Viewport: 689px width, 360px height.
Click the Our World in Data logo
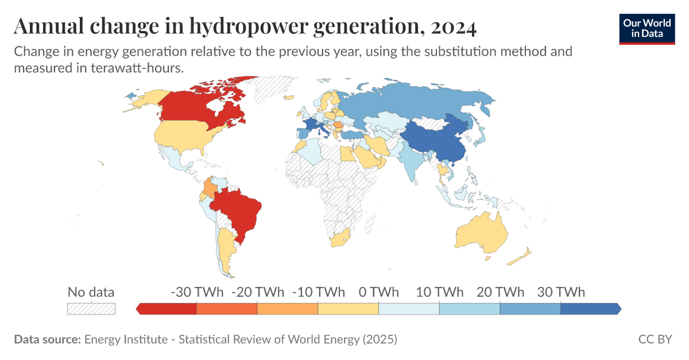click(647, 27)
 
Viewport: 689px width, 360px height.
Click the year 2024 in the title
click(448, 26)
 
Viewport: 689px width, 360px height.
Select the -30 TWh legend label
click(197, 292)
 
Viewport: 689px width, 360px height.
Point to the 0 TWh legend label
click(378, 292)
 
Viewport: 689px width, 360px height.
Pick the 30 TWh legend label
click(560, 292)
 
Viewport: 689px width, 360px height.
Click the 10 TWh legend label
click(439, 292)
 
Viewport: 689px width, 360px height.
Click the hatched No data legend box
click(91, 309)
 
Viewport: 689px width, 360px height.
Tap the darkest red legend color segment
click(168, 309)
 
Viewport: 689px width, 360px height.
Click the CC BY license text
click(655, 339)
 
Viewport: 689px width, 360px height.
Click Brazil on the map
click(238, 210)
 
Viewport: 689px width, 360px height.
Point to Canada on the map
click(195, 103)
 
